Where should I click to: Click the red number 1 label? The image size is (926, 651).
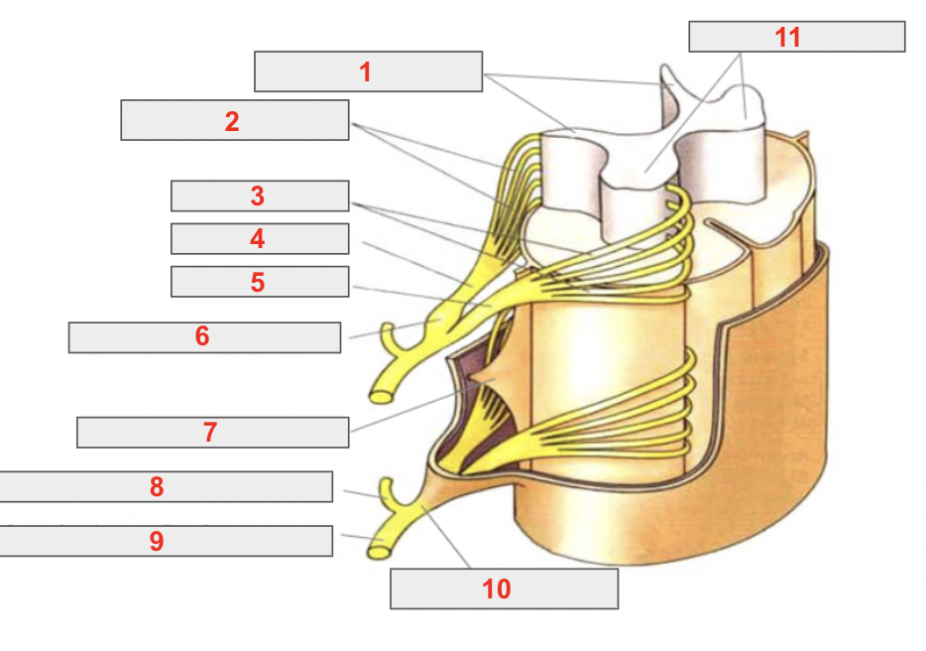(366, 72)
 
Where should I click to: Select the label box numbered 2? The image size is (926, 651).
(235, 120)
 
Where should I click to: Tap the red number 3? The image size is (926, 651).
(258, 196)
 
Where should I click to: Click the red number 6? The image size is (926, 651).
(202, 336)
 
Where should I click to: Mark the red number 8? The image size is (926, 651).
(157, 487)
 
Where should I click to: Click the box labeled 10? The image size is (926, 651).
(504, 588)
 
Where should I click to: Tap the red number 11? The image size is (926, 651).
(788, 38)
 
